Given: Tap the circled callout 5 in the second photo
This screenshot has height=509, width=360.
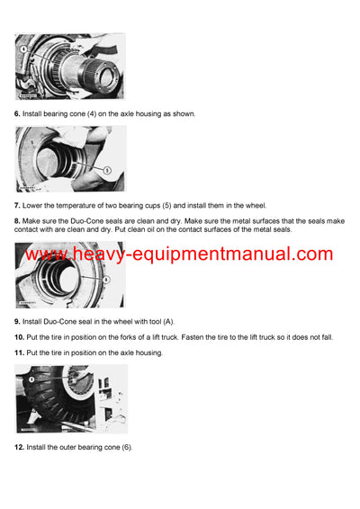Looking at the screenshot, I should (x=106, y=169).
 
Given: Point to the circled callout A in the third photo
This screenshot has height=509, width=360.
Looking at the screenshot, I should (x=106, y=280).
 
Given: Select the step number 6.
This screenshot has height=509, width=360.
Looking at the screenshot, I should (x=18, y=114).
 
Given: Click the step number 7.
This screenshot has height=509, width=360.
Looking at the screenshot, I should (x=18, y=206).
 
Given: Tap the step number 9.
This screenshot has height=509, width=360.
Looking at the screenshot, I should (x=18, y=321).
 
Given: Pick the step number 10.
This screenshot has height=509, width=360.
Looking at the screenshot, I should (x=20, y=335).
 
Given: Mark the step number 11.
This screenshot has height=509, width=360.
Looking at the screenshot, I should (x=20, y=351).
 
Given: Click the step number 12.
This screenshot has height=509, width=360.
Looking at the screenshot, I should (x=20, y=447).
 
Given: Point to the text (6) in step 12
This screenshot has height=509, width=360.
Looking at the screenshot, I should (x=125, y=447).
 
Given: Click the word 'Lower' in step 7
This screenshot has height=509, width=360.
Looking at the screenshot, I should (x=36, y=206).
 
